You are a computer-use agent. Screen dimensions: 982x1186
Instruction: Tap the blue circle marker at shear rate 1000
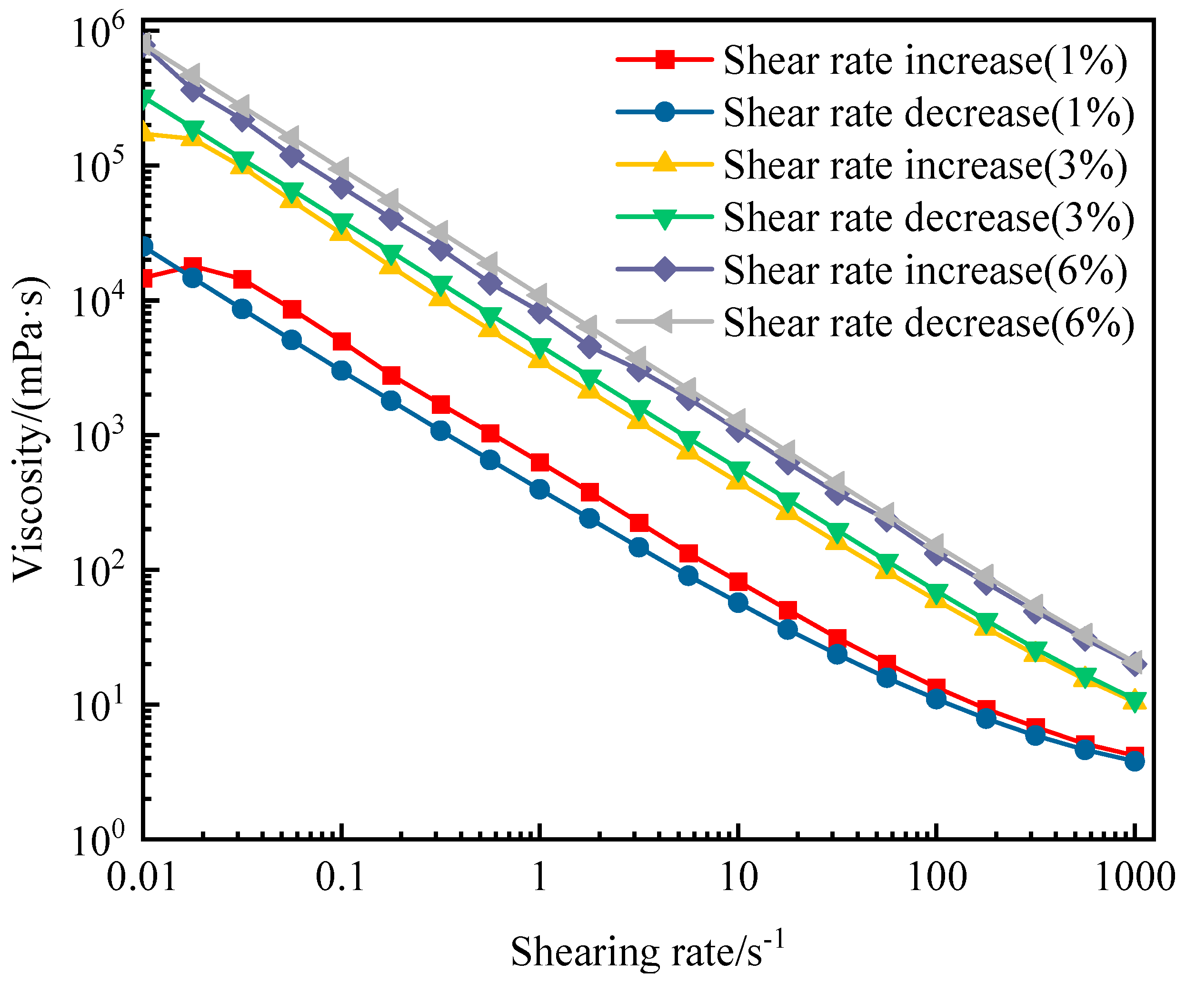click(1135, 762)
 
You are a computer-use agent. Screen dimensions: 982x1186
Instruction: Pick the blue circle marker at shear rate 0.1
click(341, 371)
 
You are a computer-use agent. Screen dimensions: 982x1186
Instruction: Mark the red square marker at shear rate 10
click(738, 581)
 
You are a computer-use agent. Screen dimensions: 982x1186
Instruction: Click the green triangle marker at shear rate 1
click(540, 347)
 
